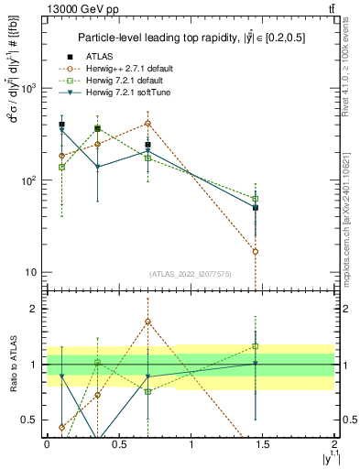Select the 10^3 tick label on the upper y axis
click(x=29, y=89)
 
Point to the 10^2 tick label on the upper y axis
click(x=29, y=180)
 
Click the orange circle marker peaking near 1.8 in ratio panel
click(x=147, y=322)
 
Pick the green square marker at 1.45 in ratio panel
click(x=256, y=346)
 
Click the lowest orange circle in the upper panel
click(x=256, y=251)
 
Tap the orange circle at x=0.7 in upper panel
click(x=147, y=123)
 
